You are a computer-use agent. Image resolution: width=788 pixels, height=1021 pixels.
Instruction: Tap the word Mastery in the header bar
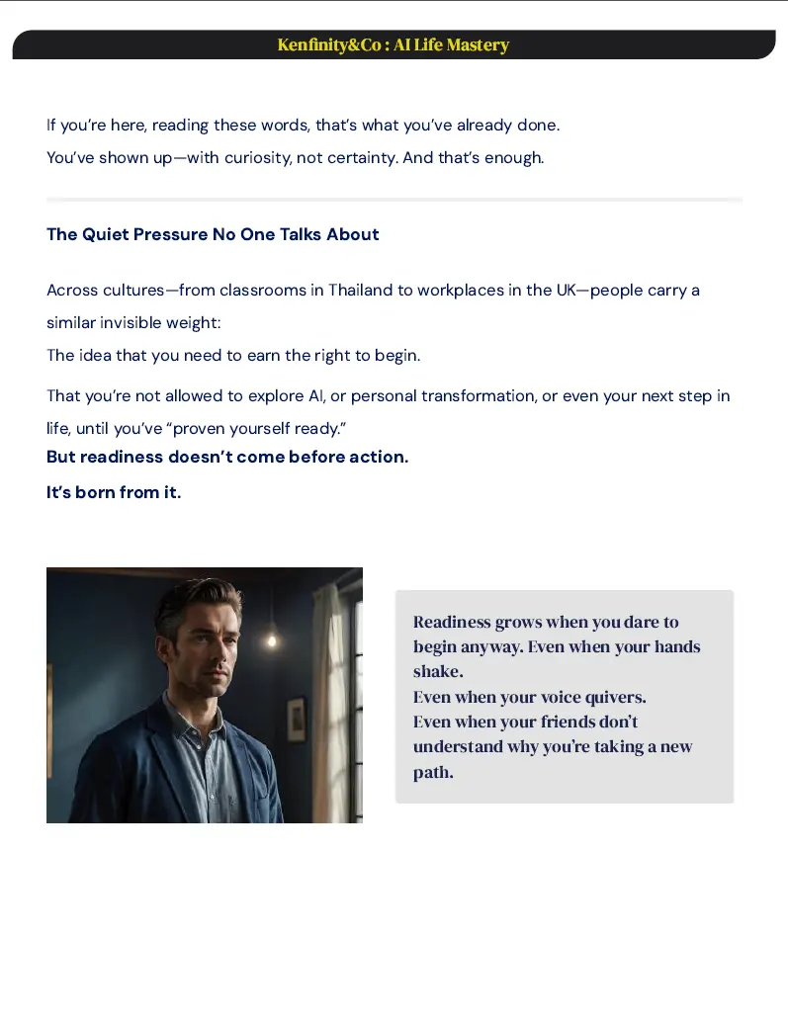pos(478,45)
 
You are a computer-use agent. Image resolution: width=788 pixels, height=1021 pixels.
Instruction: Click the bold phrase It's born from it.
pos(114,492)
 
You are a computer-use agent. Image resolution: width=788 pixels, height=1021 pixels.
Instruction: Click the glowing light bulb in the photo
pos(271,640)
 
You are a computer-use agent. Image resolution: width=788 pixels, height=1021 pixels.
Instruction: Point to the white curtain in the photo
pos(329,692)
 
